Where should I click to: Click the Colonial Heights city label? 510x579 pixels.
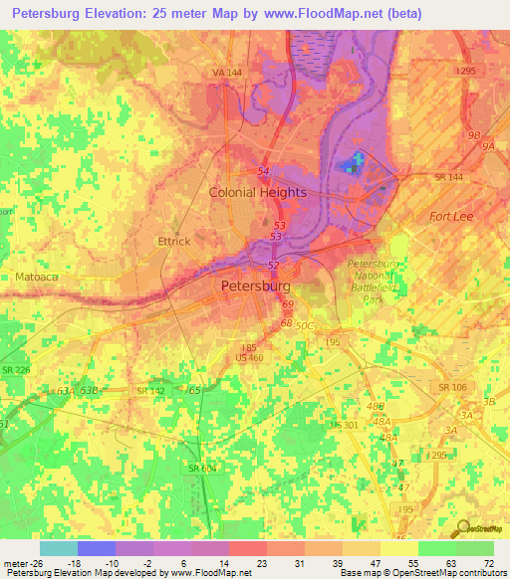256,193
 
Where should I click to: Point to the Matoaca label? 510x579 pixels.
37,276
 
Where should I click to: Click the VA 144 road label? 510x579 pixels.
227,74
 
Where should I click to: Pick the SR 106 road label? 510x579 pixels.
451,387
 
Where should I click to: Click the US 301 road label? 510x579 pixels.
344,425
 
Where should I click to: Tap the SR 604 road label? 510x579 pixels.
202,468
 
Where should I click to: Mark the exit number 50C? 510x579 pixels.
304,325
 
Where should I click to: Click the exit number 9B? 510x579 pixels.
474,135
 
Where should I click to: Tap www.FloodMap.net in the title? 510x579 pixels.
329,14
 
